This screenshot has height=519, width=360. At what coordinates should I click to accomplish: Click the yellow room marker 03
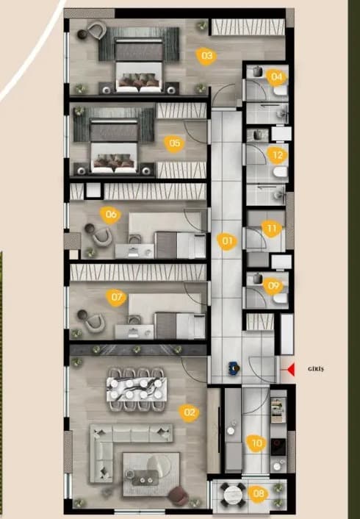point(206,56)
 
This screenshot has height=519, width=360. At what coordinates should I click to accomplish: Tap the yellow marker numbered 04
point(277,76)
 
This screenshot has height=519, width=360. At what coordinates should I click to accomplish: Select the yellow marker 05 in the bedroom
point(174,143)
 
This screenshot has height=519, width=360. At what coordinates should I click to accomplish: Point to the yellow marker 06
point(111,215)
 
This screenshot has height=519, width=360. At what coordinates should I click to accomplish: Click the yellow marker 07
point(116,297)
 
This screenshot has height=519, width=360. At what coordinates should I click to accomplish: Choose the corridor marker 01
point(227,240)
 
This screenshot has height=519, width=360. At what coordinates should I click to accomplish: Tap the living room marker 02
point(190,412)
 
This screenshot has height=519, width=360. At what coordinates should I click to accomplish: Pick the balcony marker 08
point(259,493)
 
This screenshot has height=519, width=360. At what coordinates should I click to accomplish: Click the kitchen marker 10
point(257,443)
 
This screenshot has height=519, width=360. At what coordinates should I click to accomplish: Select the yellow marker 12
point(277,155)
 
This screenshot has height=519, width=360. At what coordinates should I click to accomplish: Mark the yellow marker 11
point(271,229)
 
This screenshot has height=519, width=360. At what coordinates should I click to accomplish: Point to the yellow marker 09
point(273,285)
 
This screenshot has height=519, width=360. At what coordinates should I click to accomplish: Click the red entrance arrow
point(291,370)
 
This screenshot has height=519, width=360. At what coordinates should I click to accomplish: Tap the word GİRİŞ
point(316,369)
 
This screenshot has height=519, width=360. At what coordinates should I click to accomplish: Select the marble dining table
point(137,389)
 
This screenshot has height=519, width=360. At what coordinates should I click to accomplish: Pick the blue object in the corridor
point(234,368)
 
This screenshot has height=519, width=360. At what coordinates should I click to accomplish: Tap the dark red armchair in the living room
point(179,496)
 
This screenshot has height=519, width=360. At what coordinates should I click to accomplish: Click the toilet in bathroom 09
point(281,298)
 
